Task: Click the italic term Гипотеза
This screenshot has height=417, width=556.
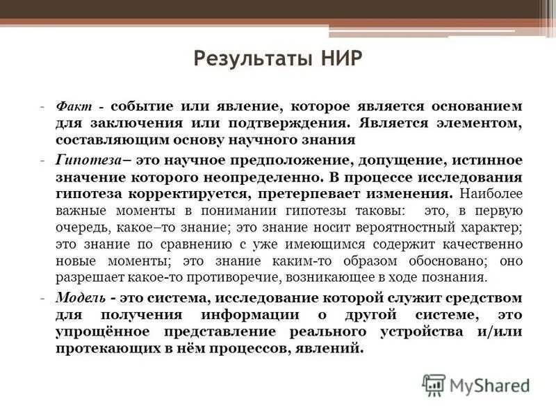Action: (83, 159)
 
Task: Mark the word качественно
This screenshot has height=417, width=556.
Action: (476, 244)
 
